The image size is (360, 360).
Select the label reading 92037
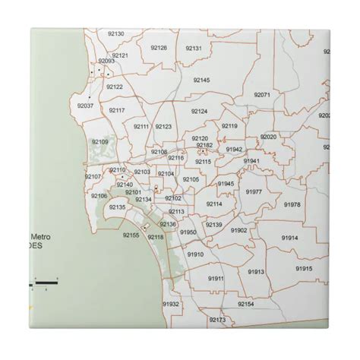pos(85,106)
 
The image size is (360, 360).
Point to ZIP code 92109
pos(100,141)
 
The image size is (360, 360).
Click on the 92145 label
pos(201,79)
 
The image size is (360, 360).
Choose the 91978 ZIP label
pos(292,204)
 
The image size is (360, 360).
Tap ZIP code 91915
pos(304,268)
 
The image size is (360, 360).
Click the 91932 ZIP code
pos(171,303)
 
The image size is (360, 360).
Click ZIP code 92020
pos(268,137)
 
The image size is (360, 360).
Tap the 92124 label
pos(199,112)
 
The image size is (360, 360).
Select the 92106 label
pos(99,196)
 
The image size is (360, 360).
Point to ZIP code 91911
pos(216,279)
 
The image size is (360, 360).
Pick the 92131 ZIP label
pos(193,48)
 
